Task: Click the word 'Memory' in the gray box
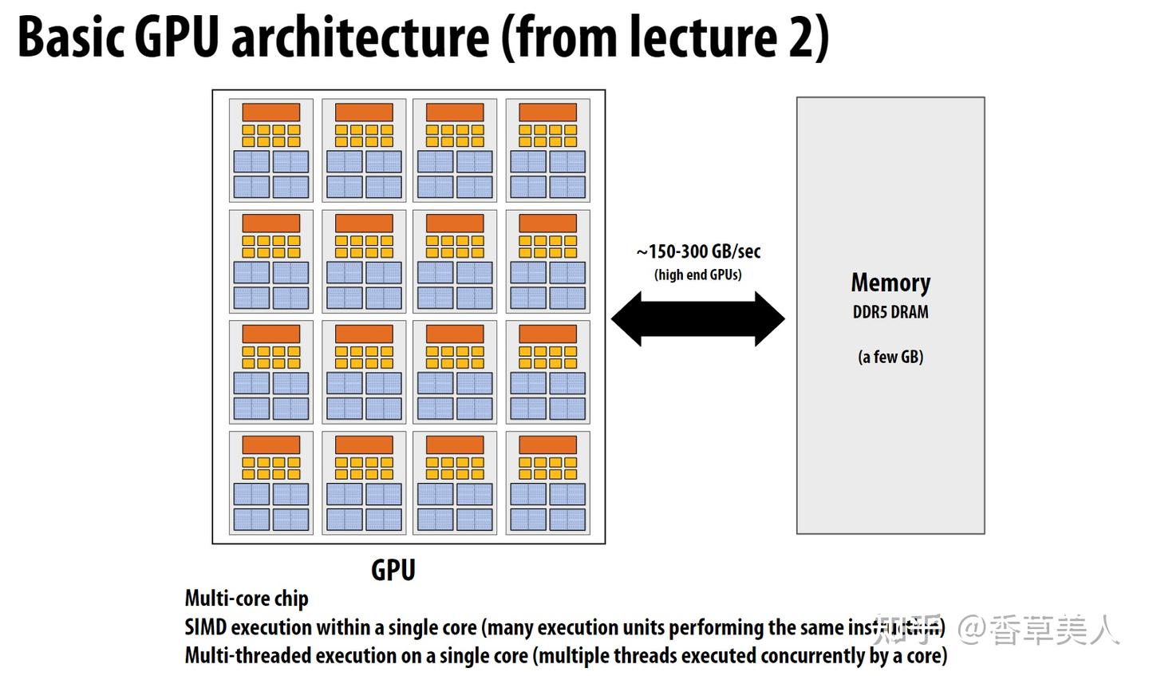(x=890, y=283)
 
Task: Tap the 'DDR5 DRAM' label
(x=890, y=312)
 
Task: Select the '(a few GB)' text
(x=890, y=357)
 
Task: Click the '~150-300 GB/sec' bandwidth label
(x=698, y=252)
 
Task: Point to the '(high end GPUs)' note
(x=698, y=275)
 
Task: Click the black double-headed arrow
(x=698, y=318)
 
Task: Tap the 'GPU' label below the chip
(x=393, y=570)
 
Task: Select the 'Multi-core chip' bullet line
(x=247, y=599)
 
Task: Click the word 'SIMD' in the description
(x=206, y=627)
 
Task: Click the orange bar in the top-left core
(x=271, y=112)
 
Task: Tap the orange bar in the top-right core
(x=547, y=112)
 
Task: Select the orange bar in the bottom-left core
(x=271, y=445)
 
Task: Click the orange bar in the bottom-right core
(x=547, y=445)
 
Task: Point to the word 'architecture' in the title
(x=360, y=38)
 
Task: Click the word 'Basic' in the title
(x=70, y=38)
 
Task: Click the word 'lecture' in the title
(x=703, y=38)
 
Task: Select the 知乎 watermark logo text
(x=907, y=630)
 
